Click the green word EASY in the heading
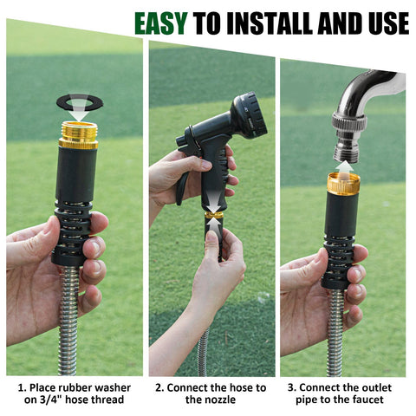coord(161,23)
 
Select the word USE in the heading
coord(389,23)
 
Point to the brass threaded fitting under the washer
coord(79,135)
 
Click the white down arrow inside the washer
coord(80,110)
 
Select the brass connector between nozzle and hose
coord(214,215)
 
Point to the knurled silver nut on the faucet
coord(349,120)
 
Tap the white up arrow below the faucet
coord(344,167)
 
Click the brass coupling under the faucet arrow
coord(343,184)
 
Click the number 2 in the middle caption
coord(159,387)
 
